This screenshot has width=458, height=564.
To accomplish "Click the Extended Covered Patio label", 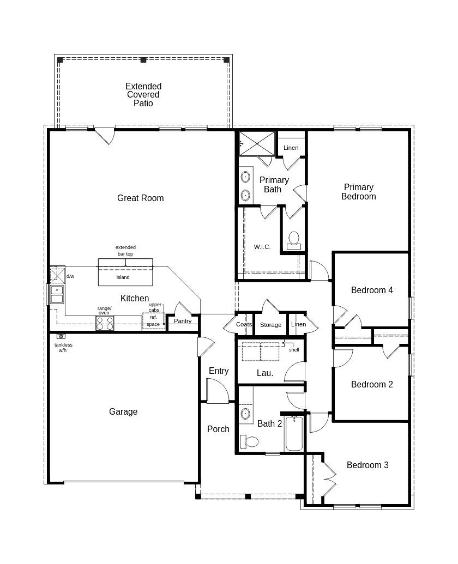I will click(143, 95).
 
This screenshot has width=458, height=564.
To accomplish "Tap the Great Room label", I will click(140, 198).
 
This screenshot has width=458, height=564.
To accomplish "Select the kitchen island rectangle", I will click(125, 272).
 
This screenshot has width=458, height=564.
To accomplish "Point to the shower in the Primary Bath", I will click(257, 143).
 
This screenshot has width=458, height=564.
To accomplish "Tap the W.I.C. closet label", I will click(262, 247).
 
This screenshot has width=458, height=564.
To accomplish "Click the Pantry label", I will click(183, 321).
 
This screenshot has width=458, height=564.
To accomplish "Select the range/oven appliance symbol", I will click(105, 323).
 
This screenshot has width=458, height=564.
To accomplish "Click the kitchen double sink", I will click(57, 294).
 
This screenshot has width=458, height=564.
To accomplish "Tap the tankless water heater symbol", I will click(61, 337).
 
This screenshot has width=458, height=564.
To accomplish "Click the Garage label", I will click(123, 411).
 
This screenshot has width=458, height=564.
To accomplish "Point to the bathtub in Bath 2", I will click(294, 434).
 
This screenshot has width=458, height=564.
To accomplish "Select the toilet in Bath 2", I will click(251, 441).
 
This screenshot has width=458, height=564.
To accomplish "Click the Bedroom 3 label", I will click(367, 465).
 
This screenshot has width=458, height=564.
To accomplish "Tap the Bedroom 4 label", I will click(372, 290).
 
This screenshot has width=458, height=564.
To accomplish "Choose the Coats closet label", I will click(244, 324).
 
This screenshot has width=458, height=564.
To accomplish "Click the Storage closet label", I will click(270, 325).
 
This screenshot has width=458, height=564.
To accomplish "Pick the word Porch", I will click(218, 429).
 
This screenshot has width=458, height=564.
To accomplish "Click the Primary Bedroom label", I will click(358, 192).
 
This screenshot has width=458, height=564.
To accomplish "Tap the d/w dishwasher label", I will click(70, 276).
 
